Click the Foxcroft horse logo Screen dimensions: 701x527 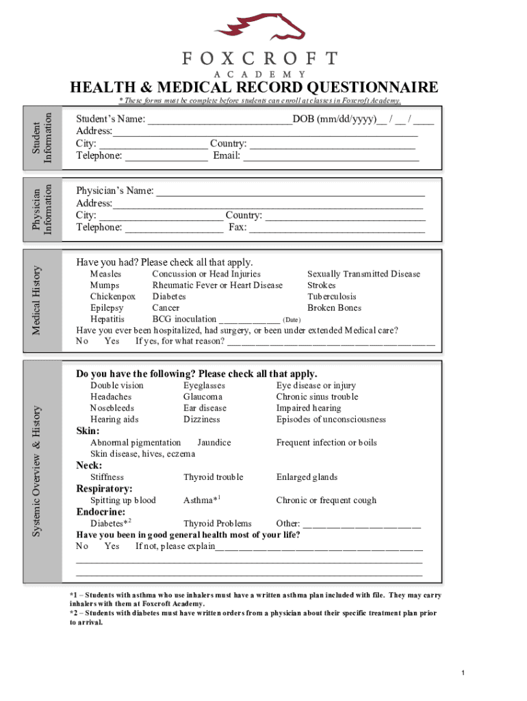pyautogui.click(x=259, y=26)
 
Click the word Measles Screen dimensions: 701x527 pyautogui.click(x=106, y=274)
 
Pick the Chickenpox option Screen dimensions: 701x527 pyautogui.click(x=113, y=296)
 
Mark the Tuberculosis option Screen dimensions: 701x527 pyautogui.click(x=332, y=296)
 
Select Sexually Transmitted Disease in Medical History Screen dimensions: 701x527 pyautogui.click(x=363, y=274)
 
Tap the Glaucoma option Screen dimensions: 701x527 pyautogui.click(x=203, y=396)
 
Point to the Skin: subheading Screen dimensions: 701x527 pyautogui.click(x=88, y=431)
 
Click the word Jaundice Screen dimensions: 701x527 pyautogui.click(x=214, y=442)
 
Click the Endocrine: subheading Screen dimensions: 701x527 pyautogui.click(x=101, y=511)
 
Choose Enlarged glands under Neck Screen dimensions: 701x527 pyautogui.click(x=307, y=477)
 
